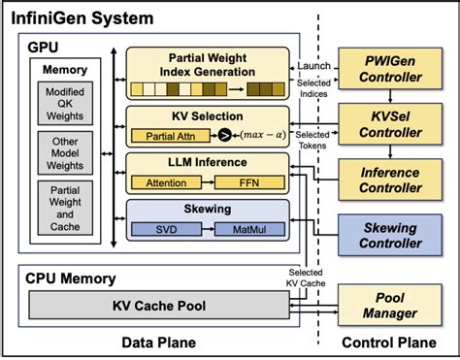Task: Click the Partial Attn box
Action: pyautogui.click(x=177, y=136)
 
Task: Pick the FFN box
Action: pyautogui.click(x=250, y=182)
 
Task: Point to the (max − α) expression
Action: pyautogui.click(x=259, y=136)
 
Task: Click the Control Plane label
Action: pyautogui.click(x=389, y=343)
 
